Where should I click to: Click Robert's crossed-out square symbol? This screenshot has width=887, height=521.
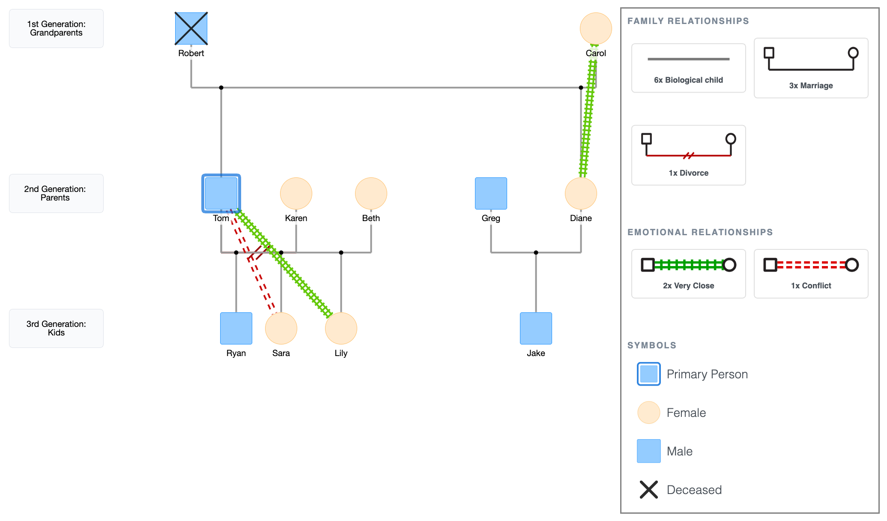tap(191, 29)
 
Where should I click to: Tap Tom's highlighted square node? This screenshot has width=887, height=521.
tap(221, 193)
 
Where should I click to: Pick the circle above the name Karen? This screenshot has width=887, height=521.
tap(296, 193)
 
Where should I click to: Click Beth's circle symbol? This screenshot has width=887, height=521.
tap(371, 193)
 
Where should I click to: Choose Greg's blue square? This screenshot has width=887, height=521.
tap(491, 193)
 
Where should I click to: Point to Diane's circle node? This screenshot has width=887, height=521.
tap(581, 193)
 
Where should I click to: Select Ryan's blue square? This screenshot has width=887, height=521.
tap(236, 328)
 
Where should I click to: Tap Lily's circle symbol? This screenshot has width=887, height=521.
tap(341, 328)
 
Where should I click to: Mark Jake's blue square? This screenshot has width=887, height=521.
tap(536, 328)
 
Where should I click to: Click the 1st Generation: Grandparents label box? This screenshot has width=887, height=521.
tap(56, 29)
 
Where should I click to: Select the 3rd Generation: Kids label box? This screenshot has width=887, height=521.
tap(56, 328)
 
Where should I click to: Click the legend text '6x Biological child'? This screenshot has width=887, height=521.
tap(688, 80)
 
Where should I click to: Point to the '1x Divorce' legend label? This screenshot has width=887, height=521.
tap(688, 173)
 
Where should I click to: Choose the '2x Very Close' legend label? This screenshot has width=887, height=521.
tap(688, 286)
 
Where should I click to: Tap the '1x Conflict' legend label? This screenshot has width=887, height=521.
tap(811, 286)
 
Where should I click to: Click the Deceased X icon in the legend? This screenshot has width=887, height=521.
tap(649, 490)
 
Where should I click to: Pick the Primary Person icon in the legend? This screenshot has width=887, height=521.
tap(649, 374)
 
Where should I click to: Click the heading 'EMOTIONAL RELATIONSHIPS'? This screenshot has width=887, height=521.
tap(700, 232)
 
